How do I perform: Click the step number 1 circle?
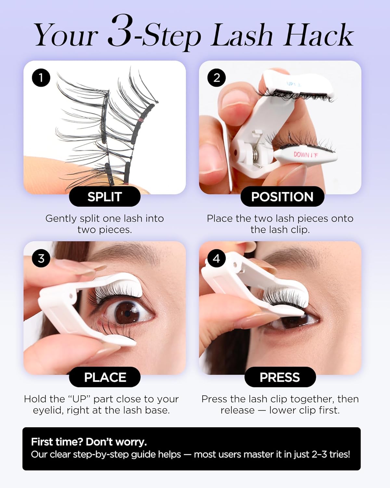click(41, 78)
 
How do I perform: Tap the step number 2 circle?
click(216, 78)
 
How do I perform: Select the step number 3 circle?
click(41, 258)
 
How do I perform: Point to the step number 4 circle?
click(216, 258)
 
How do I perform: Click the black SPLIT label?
click(105, 197)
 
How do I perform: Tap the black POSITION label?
click(282, 197)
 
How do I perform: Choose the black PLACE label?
click(105, 377)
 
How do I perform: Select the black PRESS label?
click(280, 377)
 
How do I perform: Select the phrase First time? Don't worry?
click(89, 442)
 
